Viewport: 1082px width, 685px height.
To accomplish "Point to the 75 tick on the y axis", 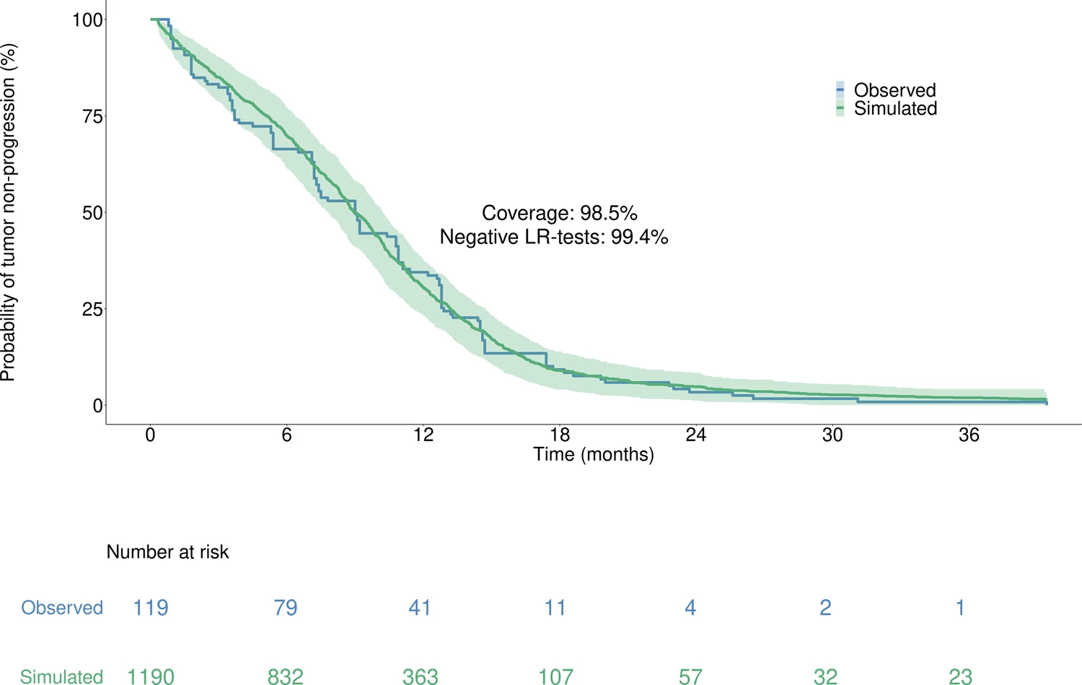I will [92, 116].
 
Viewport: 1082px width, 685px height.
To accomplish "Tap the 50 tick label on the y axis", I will [92, 213].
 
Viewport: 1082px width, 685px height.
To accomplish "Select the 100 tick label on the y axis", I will [87, 20].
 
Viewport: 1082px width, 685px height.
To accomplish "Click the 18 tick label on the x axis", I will [560, 435].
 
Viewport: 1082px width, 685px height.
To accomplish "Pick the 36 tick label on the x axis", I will [969, 435].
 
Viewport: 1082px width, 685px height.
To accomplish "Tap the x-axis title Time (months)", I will [593, 455].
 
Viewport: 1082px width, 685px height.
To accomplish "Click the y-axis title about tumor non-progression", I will [9, 213].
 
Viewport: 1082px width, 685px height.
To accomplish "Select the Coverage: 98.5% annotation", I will [559, 214].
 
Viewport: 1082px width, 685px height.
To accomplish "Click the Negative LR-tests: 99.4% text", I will [553, 237].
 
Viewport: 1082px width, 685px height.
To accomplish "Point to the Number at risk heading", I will [167, 552].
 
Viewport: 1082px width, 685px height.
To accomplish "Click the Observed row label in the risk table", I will [62, 608].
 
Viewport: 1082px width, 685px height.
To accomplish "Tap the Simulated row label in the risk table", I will [61, 677].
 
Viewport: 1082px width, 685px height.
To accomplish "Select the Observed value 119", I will [150, 608].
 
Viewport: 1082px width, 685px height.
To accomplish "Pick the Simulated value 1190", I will [150, 677].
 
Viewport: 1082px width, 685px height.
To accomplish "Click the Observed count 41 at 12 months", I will [420, 608].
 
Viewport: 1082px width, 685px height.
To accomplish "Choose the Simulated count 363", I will [420, 677].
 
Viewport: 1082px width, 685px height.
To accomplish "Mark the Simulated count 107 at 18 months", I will [555, 677].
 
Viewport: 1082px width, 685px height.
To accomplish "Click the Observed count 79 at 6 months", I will [285, 608].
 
